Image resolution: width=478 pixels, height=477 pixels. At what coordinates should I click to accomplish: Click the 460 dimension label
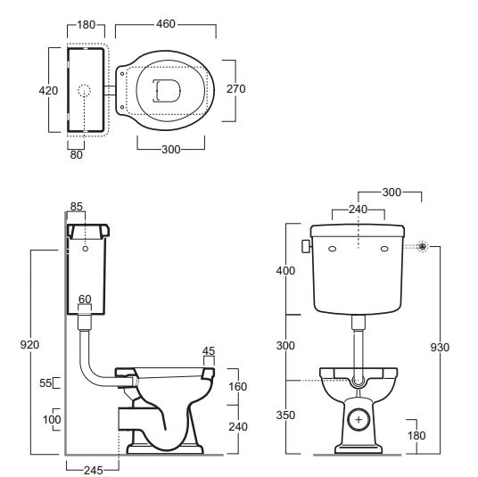[x=166, y=24]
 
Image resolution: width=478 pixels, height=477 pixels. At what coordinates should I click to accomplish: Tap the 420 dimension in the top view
[x=48, y=91]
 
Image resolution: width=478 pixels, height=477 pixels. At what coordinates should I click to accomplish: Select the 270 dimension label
[x=236, y=88]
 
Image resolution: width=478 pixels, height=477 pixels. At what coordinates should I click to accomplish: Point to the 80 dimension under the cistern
[x=76, y=155]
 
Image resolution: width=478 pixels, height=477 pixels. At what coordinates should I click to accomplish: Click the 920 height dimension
[x=29, y=345]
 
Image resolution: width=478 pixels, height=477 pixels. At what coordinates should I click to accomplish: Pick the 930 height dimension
[x=440, y=347]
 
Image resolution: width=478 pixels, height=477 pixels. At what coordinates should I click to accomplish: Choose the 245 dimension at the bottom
[x=94, y=470]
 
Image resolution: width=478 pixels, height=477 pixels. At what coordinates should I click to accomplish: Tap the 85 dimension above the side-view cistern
[x=76, y=207]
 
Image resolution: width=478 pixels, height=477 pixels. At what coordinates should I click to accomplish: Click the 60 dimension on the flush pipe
[x=85, y=299]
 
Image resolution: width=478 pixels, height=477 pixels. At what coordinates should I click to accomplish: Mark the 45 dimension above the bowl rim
[x=209, y=351]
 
